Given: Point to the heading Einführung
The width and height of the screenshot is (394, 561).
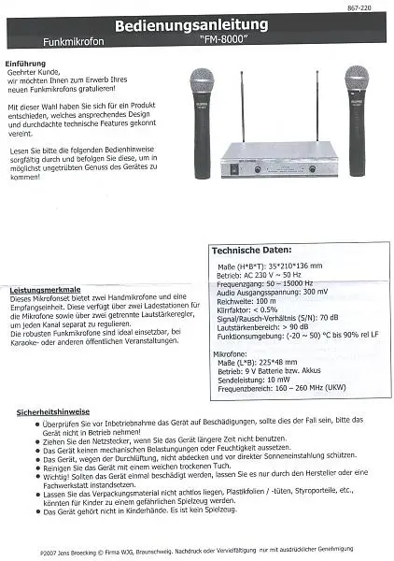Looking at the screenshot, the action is [26, 63].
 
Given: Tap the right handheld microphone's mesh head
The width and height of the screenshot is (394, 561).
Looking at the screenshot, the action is [355, 79].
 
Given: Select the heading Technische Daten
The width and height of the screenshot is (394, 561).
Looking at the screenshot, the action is [249, 251].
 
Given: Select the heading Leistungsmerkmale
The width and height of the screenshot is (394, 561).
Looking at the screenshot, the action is [46, 291].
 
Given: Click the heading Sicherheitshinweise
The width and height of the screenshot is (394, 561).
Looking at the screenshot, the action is [55, 411].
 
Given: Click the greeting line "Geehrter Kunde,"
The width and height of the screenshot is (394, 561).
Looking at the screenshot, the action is [47, 71].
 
